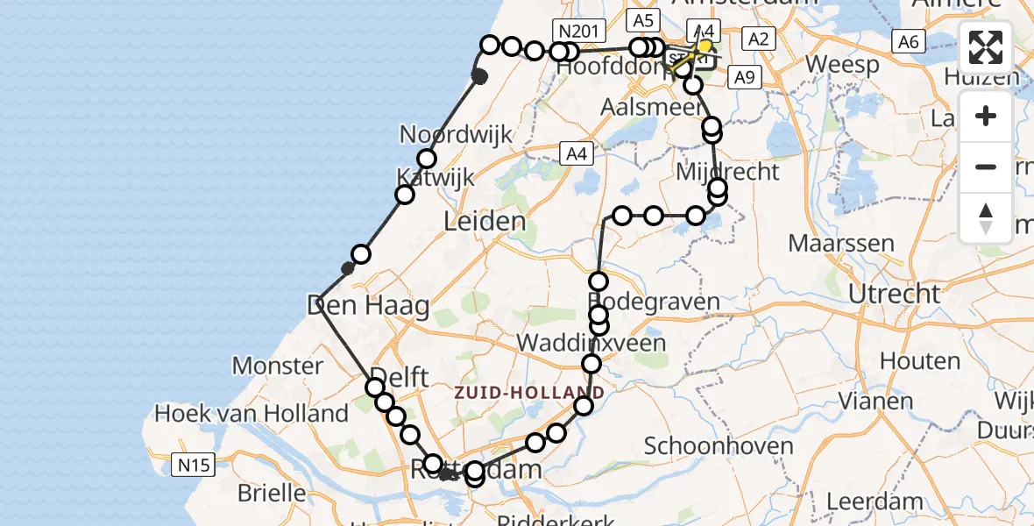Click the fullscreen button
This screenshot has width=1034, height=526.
pyautogui.click(x=986, y=47)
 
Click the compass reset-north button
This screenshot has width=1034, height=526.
pyautogui.click(x=986, y=217)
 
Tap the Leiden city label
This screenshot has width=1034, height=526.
pyautogui.click(x=485, y=221)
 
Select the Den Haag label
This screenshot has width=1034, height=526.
pyautogui.click(x=368, y=306)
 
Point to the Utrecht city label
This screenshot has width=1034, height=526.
pyautogui.click(x=895, y=293)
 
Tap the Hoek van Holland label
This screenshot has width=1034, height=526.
pyautogui.click(x=251, y=413)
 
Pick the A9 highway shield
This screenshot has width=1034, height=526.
pyautogui.click(x=744, y=78)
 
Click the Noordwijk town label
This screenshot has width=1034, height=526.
pyautogui.click(x=456, y=134)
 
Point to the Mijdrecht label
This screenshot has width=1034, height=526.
pyautogui.click(x=727, y=171)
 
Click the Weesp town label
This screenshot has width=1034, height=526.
pyautogui.click(x=842, y=64)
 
